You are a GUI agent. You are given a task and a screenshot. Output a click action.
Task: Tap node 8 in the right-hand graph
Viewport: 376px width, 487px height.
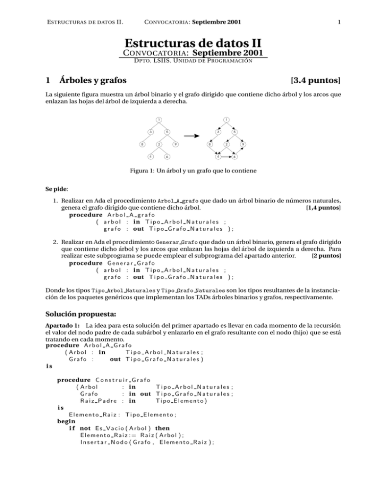[x=209, y=145]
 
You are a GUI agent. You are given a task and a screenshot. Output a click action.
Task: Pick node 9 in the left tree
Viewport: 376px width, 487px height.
[x=175, y=145]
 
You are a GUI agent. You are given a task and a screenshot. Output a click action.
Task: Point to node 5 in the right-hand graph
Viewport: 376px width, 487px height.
[x=235, y=132]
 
